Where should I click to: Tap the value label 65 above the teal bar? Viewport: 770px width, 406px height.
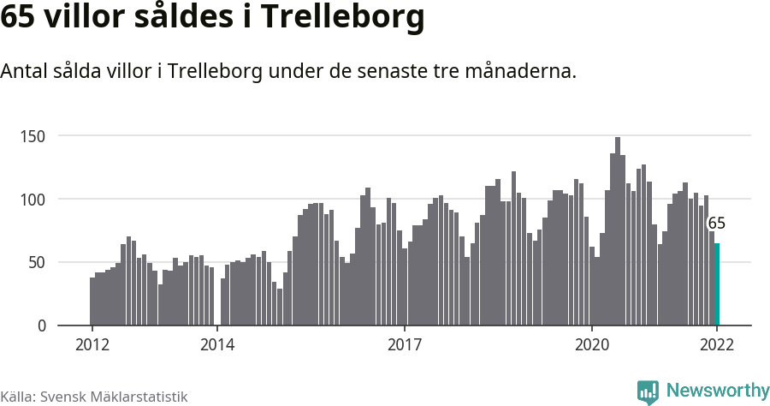coord(717,224)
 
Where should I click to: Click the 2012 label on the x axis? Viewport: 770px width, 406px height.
coord(92,344)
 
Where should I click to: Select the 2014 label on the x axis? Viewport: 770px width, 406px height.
coord(217,344)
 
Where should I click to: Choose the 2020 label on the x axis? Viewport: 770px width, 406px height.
coord(592,344)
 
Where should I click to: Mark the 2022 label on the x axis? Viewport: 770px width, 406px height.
coord(717,344)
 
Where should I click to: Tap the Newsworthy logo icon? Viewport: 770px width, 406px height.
coord(648,391)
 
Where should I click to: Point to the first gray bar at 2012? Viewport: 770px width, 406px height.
coord(92,302)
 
